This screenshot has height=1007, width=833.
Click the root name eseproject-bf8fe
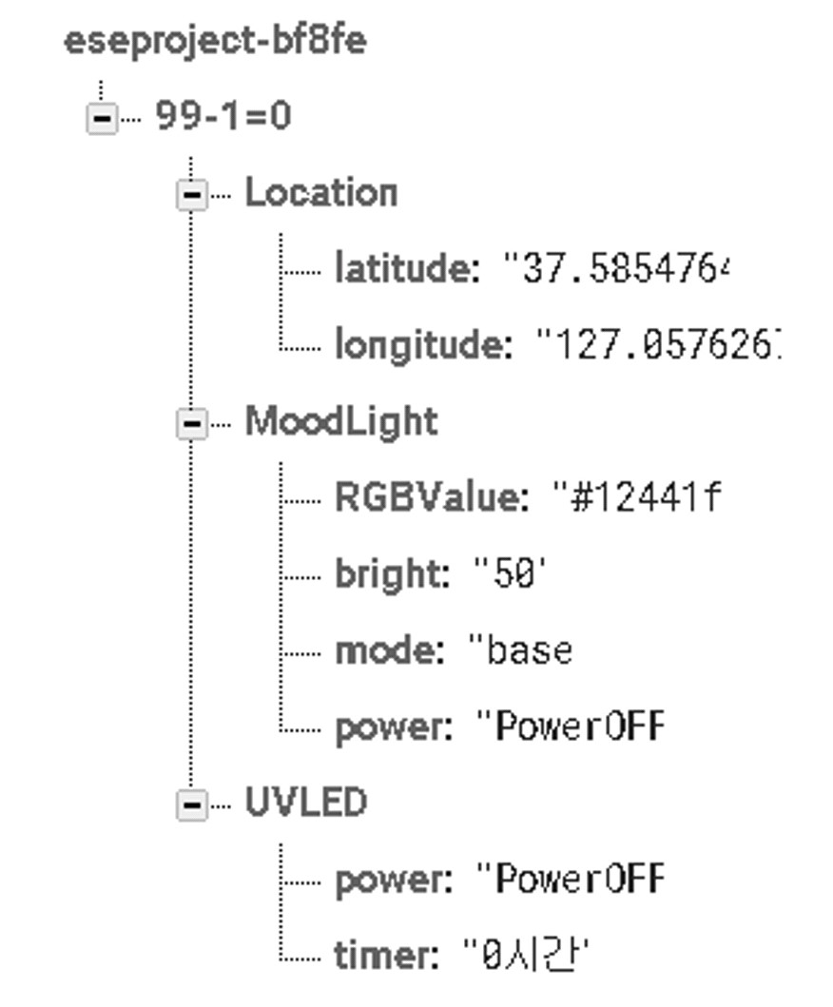pyautogui.click(x=215, y=42)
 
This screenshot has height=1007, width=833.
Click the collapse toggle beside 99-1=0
pyautogui.click(x=102, y=119)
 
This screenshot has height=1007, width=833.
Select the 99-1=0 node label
pyautogui.click(x=223, y=117)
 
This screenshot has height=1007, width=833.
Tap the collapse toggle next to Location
pyautogui.click(x=191, y=195)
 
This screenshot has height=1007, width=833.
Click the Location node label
pyautogui.click(x=320, y=193)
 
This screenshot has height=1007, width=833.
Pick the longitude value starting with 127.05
pyautogui.click(x=658, y=345)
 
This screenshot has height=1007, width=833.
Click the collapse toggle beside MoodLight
pyautogui.click(x=191, y=424)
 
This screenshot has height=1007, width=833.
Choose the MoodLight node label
pyautogui.click(x=341, y=421)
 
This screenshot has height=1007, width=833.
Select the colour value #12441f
pyautogui.click(x=637, y=497)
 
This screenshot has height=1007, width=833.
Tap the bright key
pyautogui.click(x=392, y=574)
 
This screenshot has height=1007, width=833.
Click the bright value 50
pyautogui.click(x=511, y=574)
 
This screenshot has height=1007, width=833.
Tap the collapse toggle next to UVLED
pyautogui.click(x=191, y=804)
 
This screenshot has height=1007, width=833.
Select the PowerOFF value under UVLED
pyautogui.click(x=571, y=879)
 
